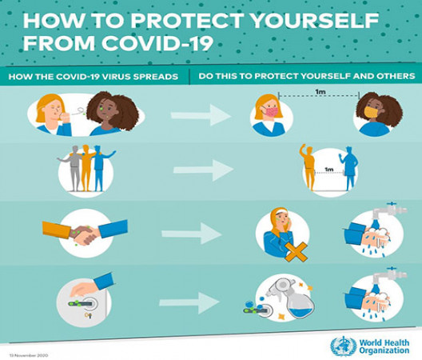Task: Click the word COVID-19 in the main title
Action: [x=155, y=42]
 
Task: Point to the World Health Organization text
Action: [x=383, y=346]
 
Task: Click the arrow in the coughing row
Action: [x=201, y=116]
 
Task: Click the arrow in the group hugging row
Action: [x=203, y=169]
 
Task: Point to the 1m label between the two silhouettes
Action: [x=328, y=169]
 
